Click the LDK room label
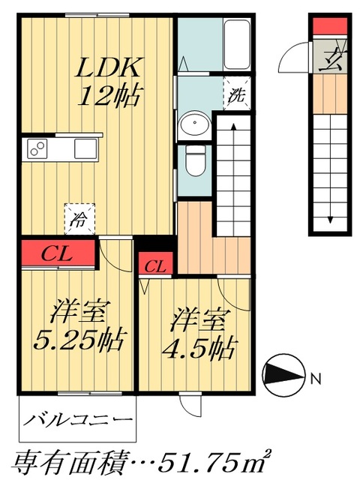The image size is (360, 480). click(x=109, y=69)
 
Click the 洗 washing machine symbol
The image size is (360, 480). click(x=236, y=95)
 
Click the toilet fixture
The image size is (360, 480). click(x=195, y=158)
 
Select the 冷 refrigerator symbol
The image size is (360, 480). click(x=78, y=217)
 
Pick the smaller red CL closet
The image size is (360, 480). click(x=156, y=265)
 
